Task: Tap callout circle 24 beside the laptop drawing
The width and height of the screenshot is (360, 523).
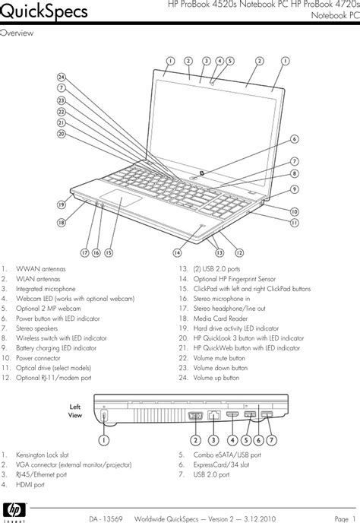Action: pyautogui.click(x=62, y=77)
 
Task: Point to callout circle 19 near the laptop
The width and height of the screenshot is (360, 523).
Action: pyautogui.click(x=58, y=204)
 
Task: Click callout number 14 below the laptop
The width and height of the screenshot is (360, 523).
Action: pyautogui.click(x=177, y=252)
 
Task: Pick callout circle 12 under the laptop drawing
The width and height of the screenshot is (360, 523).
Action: pyautogui.click(x=238, y=252)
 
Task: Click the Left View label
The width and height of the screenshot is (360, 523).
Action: pyautogui.click(x=74, y=411)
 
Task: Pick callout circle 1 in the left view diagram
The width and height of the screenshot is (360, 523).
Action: pyautogui.click(x=103, y=439)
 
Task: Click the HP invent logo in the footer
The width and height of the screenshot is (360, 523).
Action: pyautogui.click(x=14, y=510)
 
